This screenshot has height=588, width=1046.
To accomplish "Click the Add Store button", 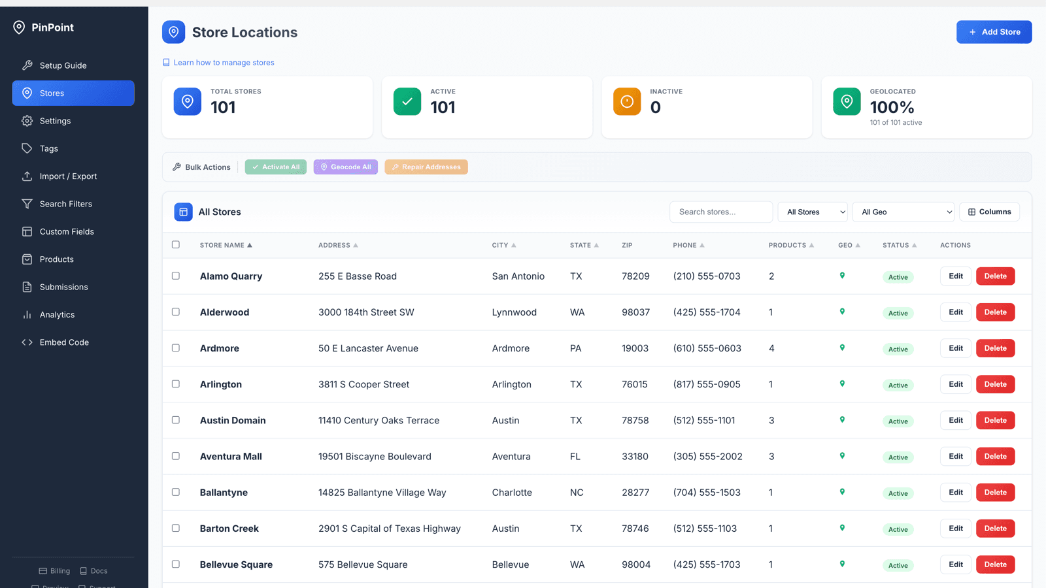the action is [x=994, y=32].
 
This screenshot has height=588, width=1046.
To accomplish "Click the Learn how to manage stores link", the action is [x=224, y=63].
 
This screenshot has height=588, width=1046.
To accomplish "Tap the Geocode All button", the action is [x=346, y=167].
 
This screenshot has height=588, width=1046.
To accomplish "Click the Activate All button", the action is [x=275, y=167].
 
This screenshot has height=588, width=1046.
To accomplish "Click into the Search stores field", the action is [x=721, y=212].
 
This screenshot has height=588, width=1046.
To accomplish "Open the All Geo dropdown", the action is [x=903, y=212].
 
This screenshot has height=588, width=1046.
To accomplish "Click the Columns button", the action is [x=990, y=212].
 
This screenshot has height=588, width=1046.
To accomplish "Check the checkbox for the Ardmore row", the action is [x=176, y=348].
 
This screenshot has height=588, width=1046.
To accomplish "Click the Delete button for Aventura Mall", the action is [x=995, y=457].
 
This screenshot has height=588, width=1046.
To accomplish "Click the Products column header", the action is [x=787, y=245].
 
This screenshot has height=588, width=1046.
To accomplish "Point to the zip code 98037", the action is [x=635, y=312].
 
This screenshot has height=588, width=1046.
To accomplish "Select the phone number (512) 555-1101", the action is [x=703, y=421].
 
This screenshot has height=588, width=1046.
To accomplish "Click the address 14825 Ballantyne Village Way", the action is [x=382, y=493].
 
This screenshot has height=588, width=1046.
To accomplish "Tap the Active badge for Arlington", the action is [x=898, y=385].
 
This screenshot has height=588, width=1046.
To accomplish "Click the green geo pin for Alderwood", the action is [x=842, y=311].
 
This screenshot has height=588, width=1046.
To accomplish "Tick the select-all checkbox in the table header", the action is [x=176, y=244].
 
